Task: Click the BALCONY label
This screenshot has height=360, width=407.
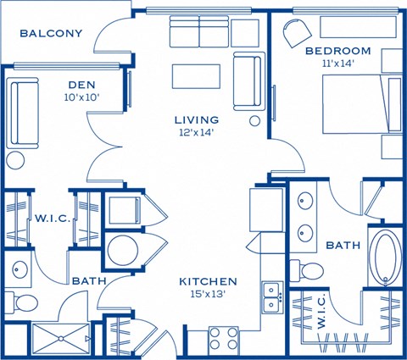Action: tap(51, 34)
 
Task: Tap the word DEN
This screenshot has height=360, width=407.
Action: tap(81, 85)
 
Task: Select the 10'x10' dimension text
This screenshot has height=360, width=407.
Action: tap(81, 97)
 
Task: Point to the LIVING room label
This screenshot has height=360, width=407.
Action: tap(197, 120)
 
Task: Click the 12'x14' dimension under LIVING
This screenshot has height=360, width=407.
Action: tap(197, 132)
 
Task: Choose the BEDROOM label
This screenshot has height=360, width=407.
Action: tap(338, 50)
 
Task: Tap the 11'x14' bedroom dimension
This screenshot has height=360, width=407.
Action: tap(336, 62)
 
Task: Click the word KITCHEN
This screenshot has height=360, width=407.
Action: tap(208, 281)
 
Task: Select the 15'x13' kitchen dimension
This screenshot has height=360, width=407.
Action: tap(208, 294)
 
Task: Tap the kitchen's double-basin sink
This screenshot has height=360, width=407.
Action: tap(272, 296)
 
